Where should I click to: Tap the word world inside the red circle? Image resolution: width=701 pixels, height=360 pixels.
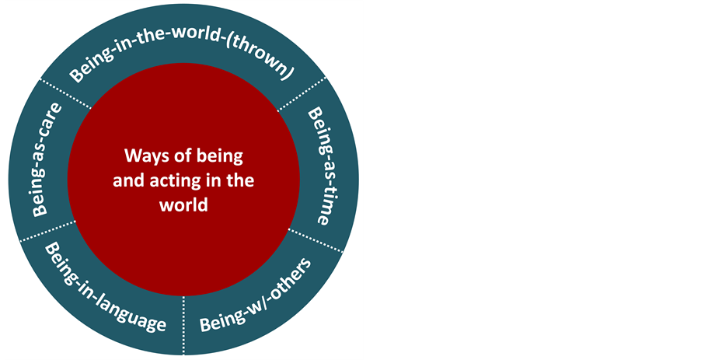(x=183, y=205)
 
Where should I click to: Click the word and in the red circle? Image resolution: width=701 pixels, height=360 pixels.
(x=127, y=180)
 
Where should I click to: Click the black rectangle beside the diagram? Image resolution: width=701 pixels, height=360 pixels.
(x=532, y=180)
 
